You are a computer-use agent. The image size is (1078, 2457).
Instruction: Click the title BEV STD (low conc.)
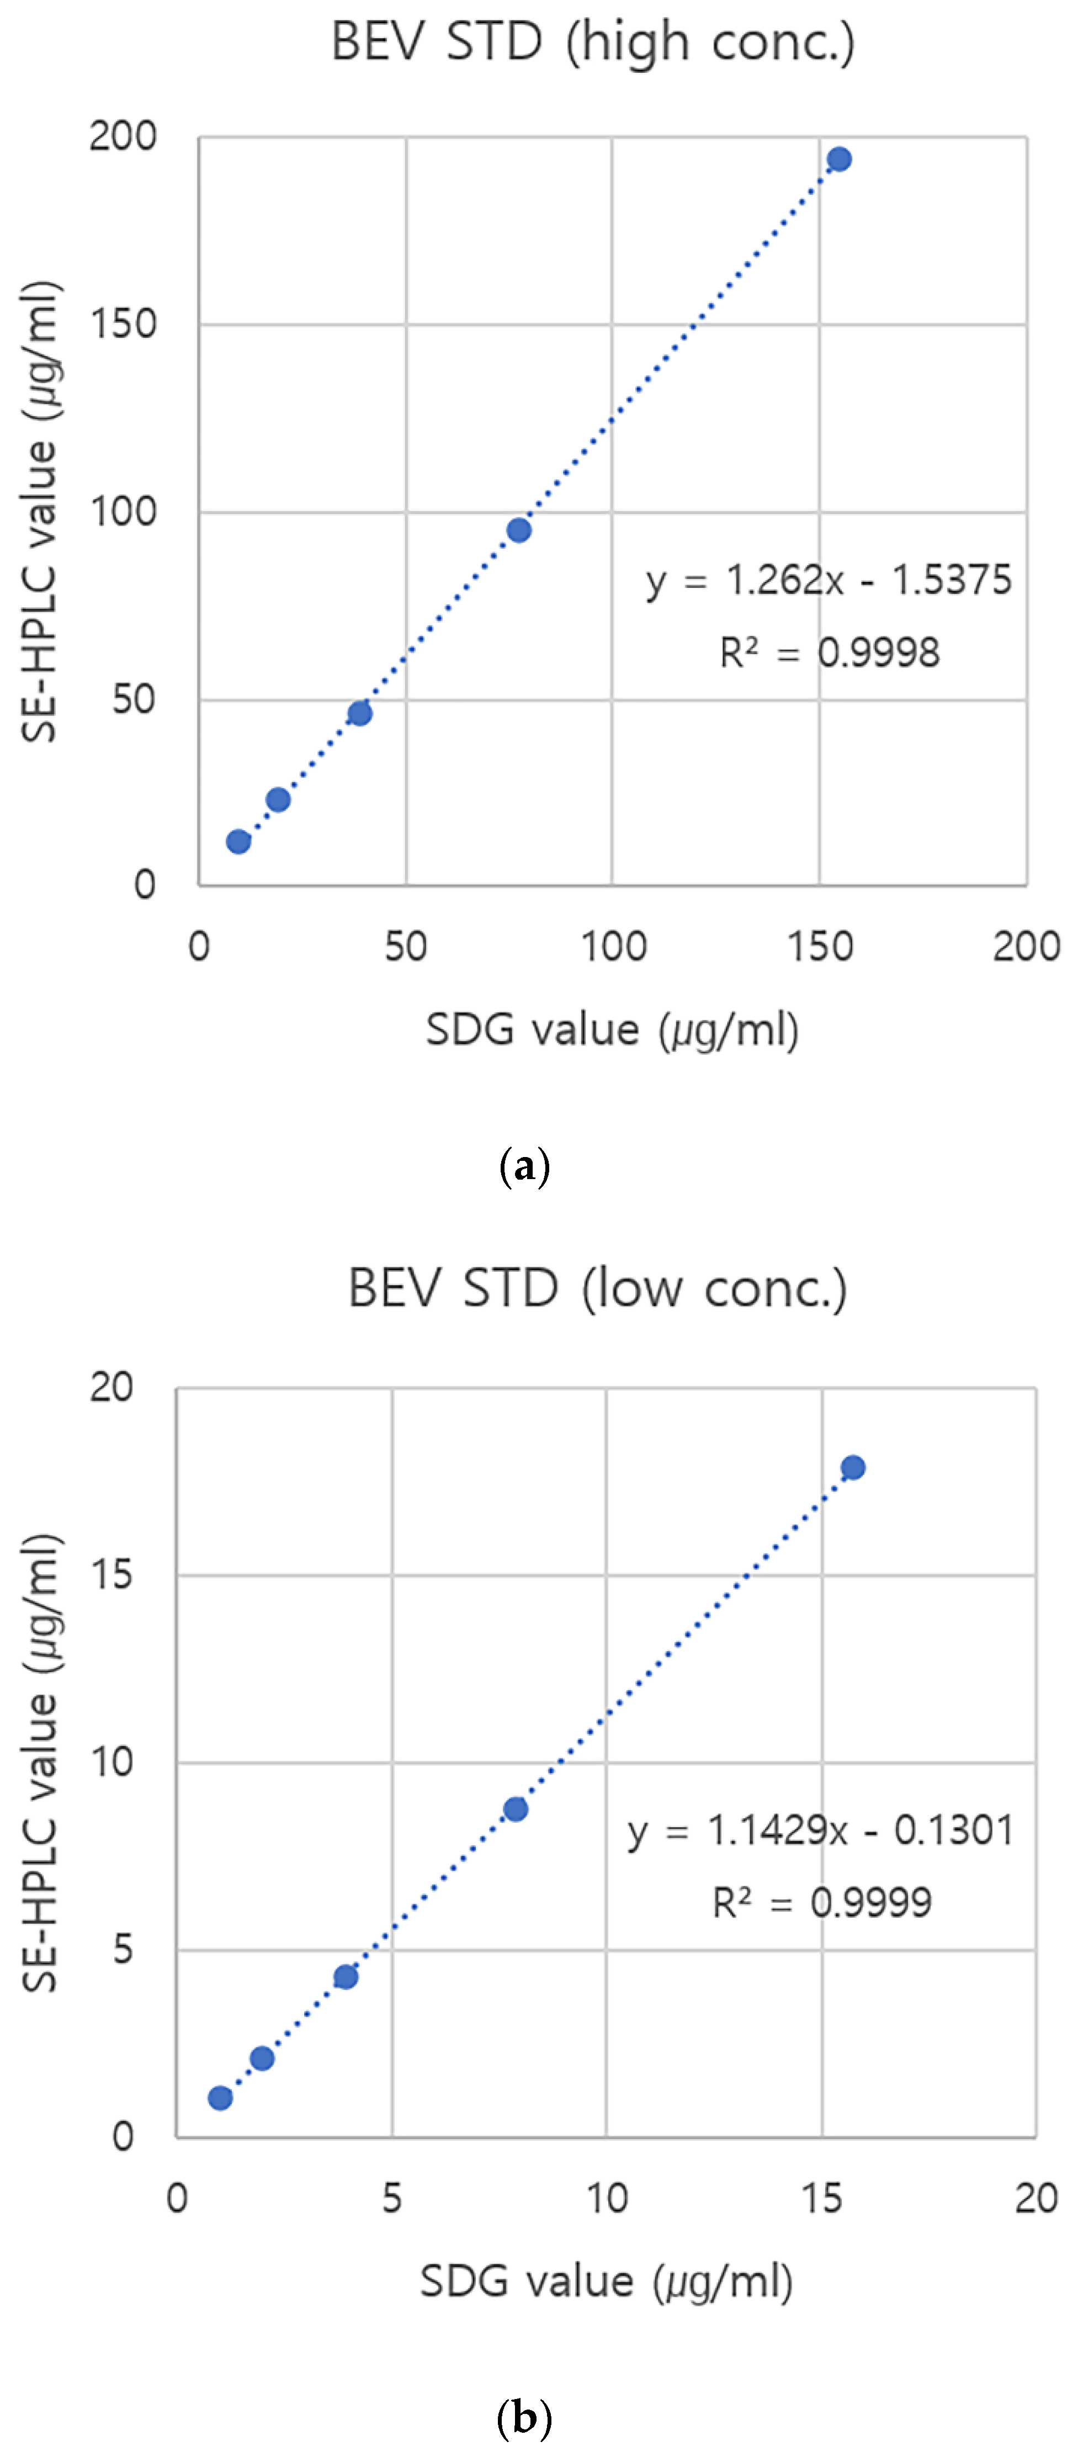tap(597, 1288)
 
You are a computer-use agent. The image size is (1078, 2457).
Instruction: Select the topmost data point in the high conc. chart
tap(838, 160)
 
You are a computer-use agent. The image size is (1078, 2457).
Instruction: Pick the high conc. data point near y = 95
tap(519, 530)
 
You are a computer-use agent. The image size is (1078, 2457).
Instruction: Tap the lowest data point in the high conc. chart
tap(238, 841)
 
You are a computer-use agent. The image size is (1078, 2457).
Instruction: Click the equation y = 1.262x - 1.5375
tap(828, 580)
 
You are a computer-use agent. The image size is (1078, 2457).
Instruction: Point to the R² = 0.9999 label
tap(821, 1903)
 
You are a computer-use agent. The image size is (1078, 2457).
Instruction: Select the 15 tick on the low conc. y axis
tap(111, 1574)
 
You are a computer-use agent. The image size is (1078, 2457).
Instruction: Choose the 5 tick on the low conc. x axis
tap(391, 2199)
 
